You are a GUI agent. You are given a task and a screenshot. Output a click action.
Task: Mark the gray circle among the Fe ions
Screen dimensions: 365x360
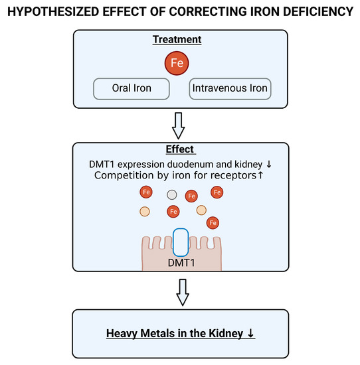172,195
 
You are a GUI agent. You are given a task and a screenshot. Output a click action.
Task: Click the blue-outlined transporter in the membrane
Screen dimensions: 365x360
181,243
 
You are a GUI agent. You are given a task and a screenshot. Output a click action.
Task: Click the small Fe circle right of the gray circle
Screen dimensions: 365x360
191,196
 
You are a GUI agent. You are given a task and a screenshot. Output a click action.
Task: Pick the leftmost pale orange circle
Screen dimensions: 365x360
145,212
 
